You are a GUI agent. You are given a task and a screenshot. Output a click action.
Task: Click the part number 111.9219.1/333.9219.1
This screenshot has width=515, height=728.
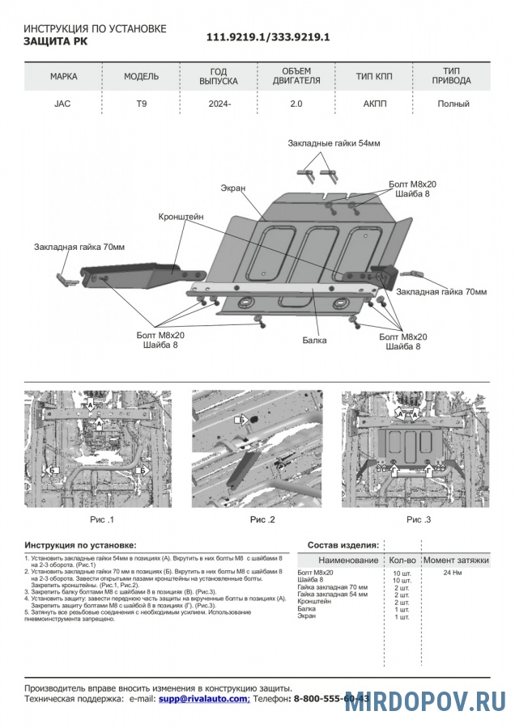click(x=267, y=37)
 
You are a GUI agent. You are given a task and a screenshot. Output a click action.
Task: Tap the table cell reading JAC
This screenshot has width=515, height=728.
click(x=62, y=104)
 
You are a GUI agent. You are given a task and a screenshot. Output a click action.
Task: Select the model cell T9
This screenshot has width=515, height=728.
click(x=141, y=104)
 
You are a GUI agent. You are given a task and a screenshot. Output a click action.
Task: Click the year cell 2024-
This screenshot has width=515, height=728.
click(x=219, y=104)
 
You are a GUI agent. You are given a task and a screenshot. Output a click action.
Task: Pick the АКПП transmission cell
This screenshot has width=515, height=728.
click(x=373, y=104)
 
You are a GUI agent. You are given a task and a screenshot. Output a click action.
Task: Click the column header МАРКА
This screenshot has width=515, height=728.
click(x=63, y=77)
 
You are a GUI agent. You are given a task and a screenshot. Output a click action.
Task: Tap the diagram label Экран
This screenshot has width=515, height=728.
click(x=233, y=188)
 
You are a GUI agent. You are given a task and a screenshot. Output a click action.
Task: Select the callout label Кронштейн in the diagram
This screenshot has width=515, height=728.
click(x=181, y=217)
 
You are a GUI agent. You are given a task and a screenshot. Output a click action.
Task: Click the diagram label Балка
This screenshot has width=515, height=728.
click(x=315, y=341)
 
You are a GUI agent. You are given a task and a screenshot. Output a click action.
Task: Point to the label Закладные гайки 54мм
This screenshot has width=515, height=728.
click(x=334, y=143)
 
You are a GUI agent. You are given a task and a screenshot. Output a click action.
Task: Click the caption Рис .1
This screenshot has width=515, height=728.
click(x=101, y=519)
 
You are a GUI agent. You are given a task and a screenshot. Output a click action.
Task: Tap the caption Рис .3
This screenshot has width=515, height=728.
click(x=419, y=519)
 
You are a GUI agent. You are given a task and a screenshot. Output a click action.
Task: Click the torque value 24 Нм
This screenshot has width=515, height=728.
click(x=454, y=573)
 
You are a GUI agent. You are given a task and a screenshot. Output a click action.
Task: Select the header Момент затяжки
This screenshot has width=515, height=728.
click(x=456, y=560)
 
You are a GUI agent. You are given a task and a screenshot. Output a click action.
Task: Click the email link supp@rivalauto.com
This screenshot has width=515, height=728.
click(x=203, y=698)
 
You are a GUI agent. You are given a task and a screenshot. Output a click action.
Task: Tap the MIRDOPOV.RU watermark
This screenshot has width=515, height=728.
click(x=425, y=701)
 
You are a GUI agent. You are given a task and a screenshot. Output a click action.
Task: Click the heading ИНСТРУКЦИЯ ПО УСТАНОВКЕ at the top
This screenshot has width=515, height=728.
click(x=96, y=29)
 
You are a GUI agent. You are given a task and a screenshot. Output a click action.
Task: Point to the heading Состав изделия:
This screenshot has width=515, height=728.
click(x=343, y=545)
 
